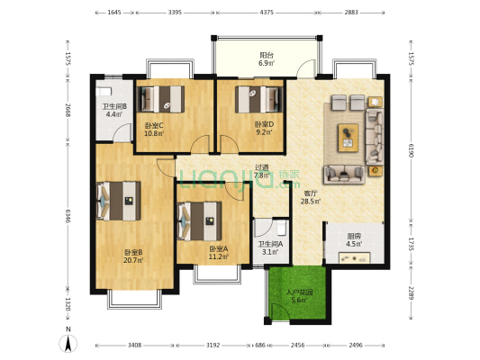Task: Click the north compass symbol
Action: pos(68,343)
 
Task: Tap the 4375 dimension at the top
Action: pos(267,13)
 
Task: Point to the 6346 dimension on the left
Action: pos(68,216)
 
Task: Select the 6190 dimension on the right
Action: pos(411,150)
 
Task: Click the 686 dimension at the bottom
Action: pos(260,345)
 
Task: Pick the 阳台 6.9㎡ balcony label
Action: pos(267,59)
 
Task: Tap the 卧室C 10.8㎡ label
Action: pos(154,129)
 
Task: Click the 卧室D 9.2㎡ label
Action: pos(264,128)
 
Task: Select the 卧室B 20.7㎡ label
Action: pos(133,256)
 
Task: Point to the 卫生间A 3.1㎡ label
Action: pos(270,248)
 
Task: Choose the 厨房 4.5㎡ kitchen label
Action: pos(354,239)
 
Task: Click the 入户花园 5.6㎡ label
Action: pos(299,296)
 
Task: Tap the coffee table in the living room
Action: pos(348,138)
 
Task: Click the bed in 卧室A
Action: pos(199,221)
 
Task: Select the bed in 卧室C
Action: pos(160,99)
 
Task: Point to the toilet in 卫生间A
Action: pos(281,228)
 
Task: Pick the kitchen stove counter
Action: pos(354,257)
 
